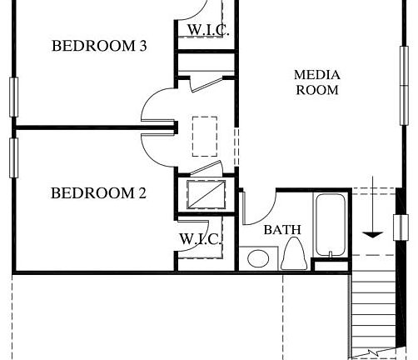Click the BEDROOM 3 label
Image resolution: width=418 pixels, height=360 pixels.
[x=99, y=46]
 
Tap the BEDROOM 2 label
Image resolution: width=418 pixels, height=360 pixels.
[x=98, y=193]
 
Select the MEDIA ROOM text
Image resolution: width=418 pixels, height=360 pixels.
[x=317, y=82]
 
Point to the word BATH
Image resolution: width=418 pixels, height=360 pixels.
[x=282, y=229]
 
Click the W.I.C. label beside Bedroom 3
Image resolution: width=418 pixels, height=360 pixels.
[x=207, y=31]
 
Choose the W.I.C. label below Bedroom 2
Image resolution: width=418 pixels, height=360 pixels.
[x=200, y=239]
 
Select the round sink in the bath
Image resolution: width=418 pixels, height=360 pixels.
[x=256, y=259]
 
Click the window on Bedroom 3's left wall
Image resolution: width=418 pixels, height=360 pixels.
[x=13, y=97]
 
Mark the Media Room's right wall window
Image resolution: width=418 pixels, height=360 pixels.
[x=404, y=83]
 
